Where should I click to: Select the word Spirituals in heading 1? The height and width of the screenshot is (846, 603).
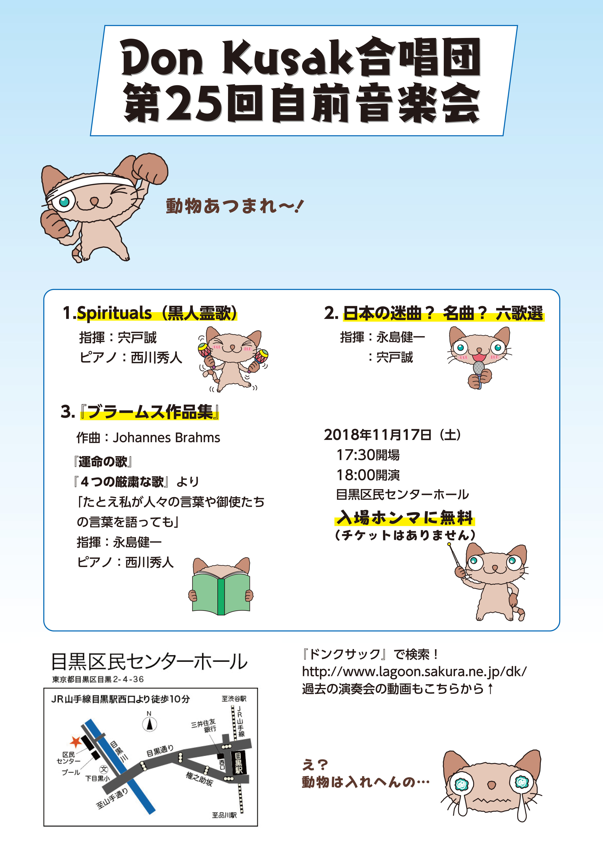point(114,313)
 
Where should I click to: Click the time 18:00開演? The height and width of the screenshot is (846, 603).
point(368,475)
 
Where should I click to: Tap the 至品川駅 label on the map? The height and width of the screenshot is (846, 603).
point(224,815)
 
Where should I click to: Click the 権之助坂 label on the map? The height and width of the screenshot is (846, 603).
point(199,778)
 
